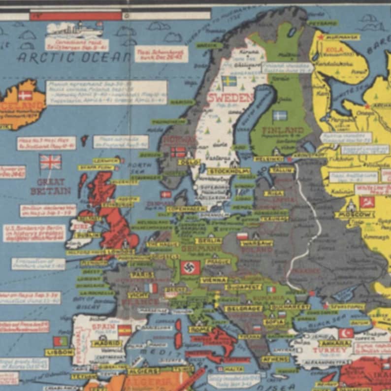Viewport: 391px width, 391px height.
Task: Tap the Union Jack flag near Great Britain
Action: (50, 162)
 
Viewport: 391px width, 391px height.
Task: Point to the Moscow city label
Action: (355, 215)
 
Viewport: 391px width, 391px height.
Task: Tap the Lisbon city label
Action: (59, 353)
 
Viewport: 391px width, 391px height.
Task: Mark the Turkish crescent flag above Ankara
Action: (346, 333)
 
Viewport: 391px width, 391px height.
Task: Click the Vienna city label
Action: (214, 280)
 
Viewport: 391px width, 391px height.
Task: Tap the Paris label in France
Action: (142, 275)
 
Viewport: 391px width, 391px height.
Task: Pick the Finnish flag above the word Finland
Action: (280, 116)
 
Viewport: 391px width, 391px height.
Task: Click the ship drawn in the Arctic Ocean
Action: (74, 29)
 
